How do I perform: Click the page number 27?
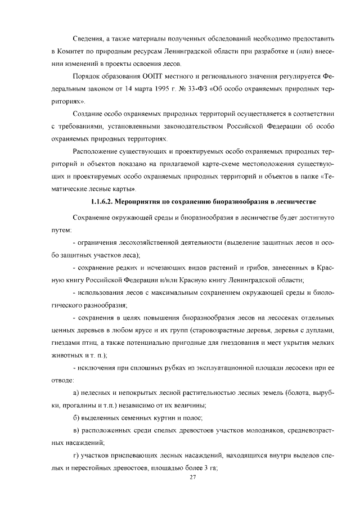click(x=192, y=477)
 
